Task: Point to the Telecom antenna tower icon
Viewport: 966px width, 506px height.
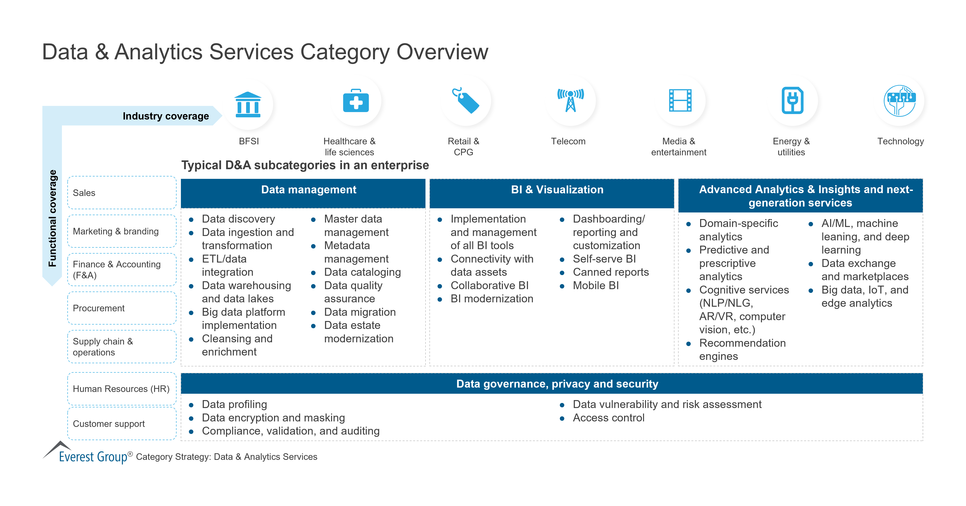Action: [570, 101]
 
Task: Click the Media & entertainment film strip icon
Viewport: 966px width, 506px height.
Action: [680, 101]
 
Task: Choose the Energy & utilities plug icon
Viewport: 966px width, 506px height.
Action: [792, 101]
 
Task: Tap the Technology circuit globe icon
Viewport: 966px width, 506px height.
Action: [900, 101]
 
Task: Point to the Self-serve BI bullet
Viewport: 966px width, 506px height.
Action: [604, 259]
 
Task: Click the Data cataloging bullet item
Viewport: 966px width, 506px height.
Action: [362, 272]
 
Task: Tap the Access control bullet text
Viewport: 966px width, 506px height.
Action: [608, 418]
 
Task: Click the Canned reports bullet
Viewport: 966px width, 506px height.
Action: [611, 272]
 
